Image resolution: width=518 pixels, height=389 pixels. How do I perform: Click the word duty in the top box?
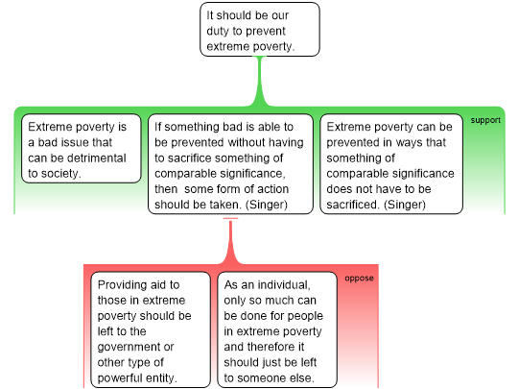(x=218, y=31)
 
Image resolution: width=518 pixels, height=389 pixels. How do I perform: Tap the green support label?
(x=485, y=120)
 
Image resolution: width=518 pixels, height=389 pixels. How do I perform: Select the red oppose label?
(x=359, y=279)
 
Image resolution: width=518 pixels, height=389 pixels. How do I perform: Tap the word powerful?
(x=121, y=378)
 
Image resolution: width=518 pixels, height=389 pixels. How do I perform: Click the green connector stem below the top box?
(x=260, y=81)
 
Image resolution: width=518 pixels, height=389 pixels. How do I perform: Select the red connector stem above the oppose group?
(x=230, y=241)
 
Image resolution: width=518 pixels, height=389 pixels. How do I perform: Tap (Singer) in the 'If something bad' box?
(x=267, y=206)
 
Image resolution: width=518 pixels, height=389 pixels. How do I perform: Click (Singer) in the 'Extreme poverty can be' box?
(x=405, y=206)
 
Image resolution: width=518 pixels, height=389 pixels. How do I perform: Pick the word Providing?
(x=122, y=285)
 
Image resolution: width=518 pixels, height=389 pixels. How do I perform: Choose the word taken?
(x=226, y=205)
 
